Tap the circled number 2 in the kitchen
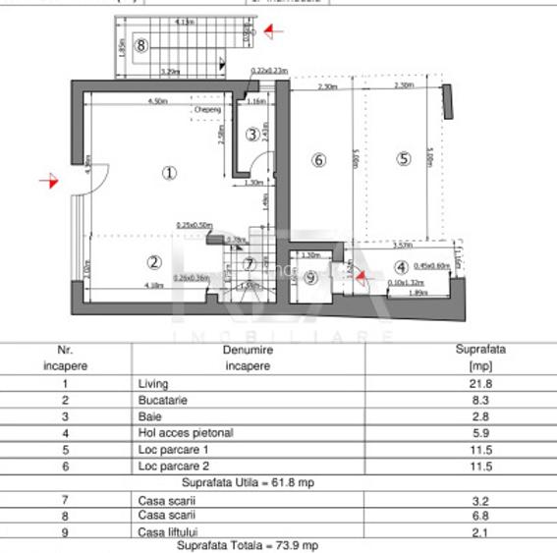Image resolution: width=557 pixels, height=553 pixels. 153,261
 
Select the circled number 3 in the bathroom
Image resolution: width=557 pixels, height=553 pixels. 252,134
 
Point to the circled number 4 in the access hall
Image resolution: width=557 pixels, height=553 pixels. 401,266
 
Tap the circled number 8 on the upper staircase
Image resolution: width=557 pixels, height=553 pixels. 142,44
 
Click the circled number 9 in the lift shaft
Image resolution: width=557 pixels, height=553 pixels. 310,278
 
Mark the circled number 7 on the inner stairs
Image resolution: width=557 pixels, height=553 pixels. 250,263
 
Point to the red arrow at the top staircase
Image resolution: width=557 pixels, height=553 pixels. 272,31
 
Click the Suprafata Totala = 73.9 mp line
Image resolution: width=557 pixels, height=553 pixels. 247,545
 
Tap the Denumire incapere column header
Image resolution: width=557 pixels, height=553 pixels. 247,357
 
